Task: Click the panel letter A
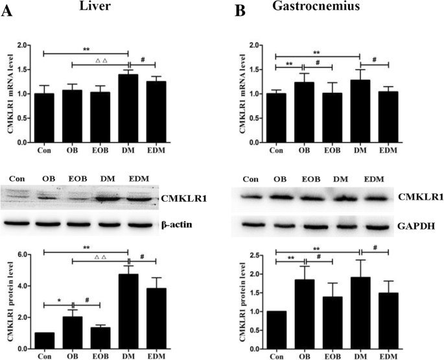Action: coord(9,12)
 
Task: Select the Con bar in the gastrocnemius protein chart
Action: coord(275,330)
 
